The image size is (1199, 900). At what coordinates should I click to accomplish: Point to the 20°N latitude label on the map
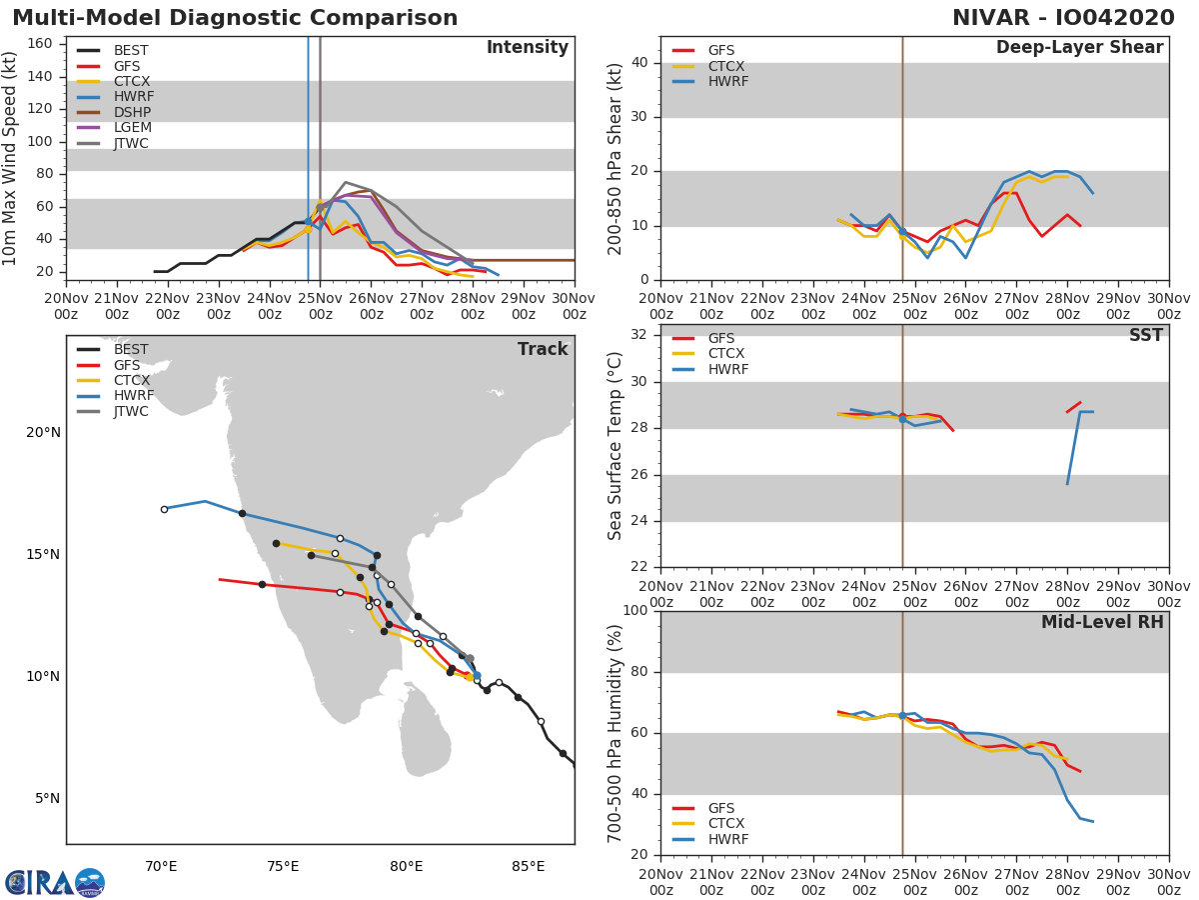[43, 432]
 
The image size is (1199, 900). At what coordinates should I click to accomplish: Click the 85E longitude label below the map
[528, 866]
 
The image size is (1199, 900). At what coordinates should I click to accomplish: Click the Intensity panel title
[527, 48]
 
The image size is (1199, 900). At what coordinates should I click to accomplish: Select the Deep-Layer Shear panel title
[1079, 48]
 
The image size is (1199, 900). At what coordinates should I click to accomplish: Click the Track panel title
[543, 349]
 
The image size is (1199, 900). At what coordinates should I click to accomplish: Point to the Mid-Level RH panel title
[1102, 622]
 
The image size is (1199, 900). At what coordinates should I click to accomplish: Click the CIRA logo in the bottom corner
[54, 882]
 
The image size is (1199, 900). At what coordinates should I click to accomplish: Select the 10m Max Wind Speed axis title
[11, 158]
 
